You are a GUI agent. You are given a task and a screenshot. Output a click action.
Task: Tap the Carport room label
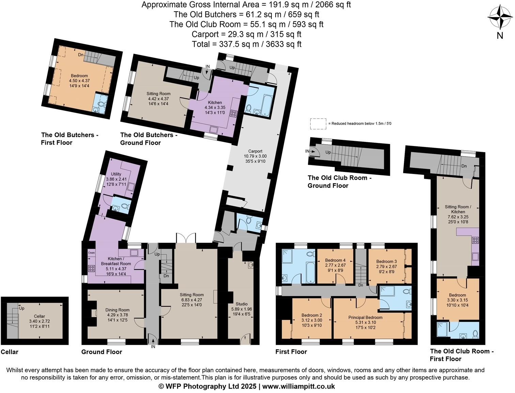[x=255, y=151]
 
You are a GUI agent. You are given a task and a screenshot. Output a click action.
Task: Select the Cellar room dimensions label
[x=40, y=324]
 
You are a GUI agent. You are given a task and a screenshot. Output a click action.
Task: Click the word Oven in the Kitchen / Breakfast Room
[x=92, y=253]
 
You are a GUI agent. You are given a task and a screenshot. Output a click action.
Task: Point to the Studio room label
[x=241, y=304]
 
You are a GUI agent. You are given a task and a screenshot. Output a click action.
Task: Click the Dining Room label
[x=117, y=310]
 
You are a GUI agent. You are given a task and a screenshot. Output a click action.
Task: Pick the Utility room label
[x=116, y=174]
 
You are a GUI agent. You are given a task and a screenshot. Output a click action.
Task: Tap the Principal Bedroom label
[x=365, y=318]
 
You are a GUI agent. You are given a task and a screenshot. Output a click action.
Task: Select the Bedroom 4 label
[x=335, y=260]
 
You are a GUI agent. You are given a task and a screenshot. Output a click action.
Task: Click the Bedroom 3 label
[x=387, y=261]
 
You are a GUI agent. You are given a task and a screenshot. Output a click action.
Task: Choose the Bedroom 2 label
[x=312, y=315]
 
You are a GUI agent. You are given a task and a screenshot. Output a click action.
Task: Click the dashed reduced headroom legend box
[x=318, y=124]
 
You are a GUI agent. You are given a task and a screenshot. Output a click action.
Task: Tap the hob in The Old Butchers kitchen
[x=233, y=114]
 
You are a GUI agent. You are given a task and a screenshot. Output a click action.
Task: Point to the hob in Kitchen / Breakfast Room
[x=92, y=268]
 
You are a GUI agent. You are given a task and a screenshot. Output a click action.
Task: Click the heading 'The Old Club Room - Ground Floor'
[x=340, y=181]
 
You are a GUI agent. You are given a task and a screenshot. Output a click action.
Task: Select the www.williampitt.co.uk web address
[x=298, y=387]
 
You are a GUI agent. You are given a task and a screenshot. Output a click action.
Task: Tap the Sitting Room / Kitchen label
[x=458, y=209]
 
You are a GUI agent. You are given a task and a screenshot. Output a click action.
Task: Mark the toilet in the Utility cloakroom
[x=126, y=206]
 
